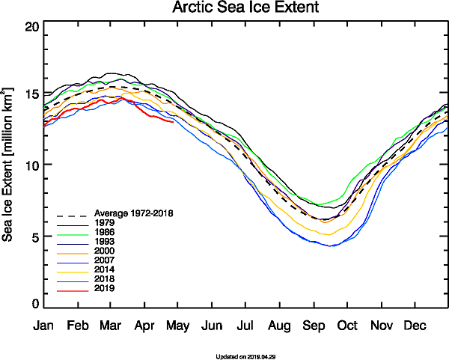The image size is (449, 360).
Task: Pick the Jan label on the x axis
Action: tap(43, 326)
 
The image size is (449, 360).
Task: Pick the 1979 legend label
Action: tap(106, 223)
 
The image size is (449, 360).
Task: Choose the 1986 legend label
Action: tap(106, 234)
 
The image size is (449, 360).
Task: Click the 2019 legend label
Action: tap(106, 288)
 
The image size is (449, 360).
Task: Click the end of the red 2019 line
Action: tap(174, 122)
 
